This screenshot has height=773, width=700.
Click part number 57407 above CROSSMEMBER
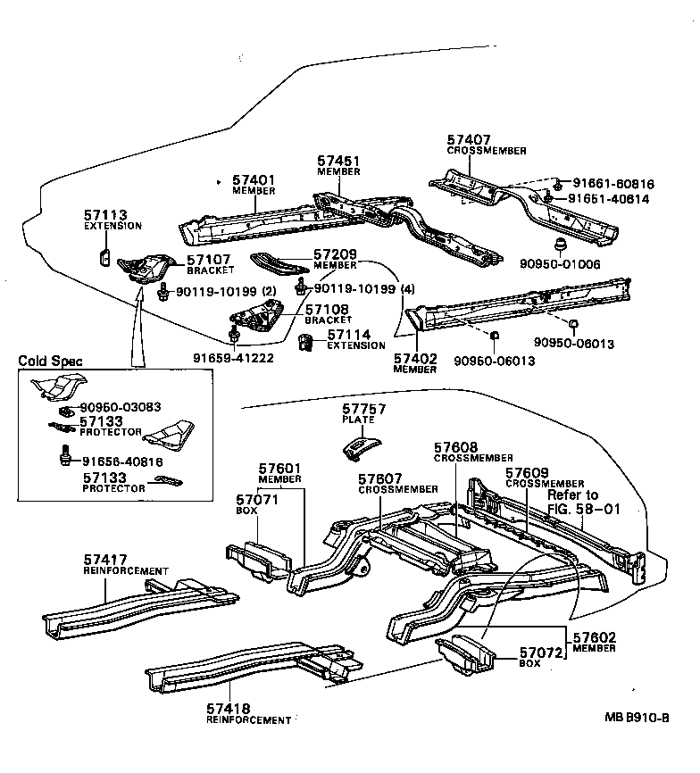(x=469, y=140)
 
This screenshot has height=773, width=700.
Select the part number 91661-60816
(x=613, y=184)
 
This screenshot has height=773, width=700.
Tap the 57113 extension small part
(x=104, y=257)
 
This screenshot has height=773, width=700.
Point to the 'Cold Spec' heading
(x=50, y=361)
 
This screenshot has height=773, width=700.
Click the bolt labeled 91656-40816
(x=64, y=456)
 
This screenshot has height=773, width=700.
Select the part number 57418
(x=229, y=709)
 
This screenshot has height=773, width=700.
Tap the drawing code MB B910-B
(x=637, y=718)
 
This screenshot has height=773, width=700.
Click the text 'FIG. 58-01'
(x=584, y=509)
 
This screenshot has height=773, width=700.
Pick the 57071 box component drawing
(x=258, y=559)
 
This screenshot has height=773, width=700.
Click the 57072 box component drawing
(x=465, y=653)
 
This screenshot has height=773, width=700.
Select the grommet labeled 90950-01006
(x=560, y=245)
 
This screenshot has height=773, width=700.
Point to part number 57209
(x=335, y=254)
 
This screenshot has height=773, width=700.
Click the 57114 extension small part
(x=306, y=342)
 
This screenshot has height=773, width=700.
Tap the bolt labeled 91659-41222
(x=233, y=337)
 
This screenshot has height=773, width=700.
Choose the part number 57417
(x=105, y=560)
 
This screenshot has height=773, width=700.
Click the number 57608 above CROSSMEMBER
(x=456, y=447)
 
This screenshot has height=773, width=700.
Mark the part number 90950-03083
(x=121, y=407)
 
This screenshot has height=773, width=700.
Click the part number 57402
(x=415, y=359)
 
